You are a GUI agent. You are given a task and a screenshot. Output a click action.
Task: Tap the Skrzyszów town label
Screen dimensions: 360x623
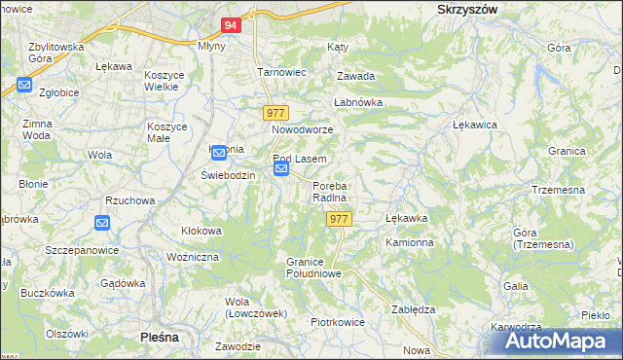tap(461, 8)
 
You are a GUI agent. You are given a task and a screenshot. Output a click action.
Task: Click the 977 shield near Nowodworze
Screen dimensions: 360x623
tap(276, 113)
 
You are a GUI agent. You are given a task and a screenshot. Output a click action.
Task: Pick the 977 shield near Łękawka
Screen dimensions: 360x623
tap(338, 220)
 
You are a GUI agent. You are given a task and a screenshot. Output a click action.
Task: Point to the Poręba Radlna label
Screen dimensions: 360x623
tap(330, 192)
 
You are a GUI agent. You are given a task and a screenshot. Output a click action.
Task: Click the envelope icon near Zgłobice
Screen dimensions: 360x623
tap(24, 86)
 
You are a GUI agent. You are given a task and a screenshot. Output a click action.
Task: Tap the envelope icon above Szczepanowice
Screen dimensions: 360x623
tap(102, 223)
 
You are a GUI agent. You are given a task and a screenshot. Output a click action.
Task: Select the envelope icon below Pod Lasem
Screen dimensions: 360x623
tap(281, 170)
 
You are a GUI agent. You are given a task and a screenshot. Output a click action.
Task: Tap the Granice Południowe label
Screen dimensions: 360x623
tap(313, 268)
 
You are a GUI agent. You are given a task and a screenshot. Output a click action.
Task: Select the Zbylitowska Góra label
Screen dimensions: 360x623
tap(55, 53)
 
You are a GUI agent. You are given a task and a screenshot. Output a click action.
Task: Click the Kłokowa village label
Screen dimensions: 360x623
tap(202, 231)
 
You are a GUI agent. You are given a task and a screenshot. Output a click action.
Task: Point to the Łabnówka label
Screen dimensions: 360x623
tap(359, 102)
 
